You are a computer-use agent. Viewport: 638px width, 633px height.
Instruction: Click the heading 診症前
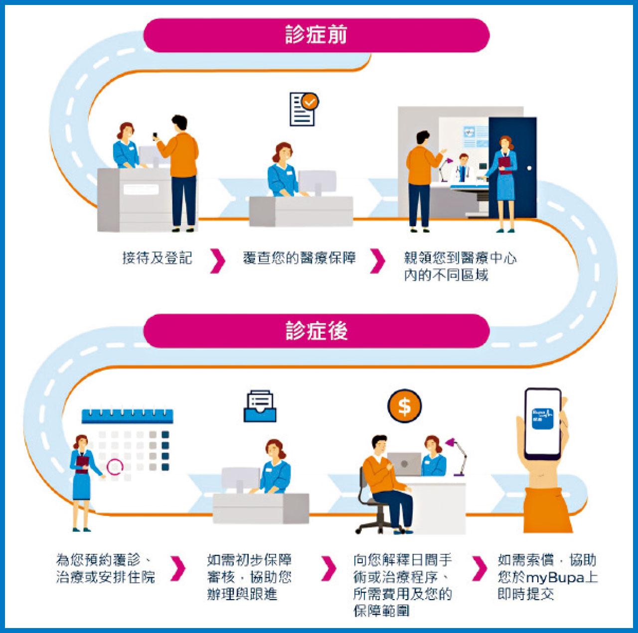click(x=316, y=35)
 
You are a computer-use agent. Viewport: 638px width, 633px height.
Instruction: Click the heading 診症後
click(x=316, y=331)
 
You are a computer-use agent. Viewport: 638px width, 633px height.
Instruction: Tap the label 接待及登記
click(x=157, y=258)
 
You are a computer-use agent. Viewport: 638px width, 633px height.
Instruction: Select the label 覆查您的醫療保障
click(x=299, y=258)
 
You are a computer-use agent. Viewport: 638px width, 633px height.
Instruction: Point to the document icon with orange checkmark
click(x=303, y=109)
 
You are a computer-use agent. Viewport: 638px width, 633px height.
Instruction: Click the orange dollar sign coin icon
click(x=404, y=406)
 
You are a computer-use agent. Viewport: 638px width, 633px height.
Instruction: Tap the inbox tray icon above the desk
click(x=260, y=406)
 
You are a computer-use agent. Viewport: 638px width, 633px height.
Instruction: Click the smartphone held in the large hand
click(x=543, y=423)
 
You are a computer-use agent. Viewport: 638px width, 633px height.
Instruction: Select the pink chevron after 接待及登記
click(x=217, y=261)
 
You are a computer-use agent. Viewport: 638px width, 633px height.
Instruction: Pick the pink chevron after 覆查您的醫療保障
click(x=377, y=261)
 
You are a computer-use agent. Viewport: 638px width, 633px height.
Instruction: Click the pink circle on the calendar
click(x=115, y=467)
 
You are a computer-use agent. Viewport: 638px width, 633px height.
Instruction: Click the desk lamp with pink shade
click(x=459, y=453)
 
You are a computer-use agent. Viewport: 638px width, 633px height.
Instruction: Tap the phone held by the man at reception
click(x=155, y=135)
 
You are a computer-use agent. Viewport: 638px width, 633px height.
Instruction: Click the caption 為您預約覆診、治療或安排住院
click(x=106, y=569)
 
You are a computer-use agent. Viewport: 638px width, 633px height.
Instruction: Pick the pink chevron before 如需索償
click(x=479, y=568)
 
